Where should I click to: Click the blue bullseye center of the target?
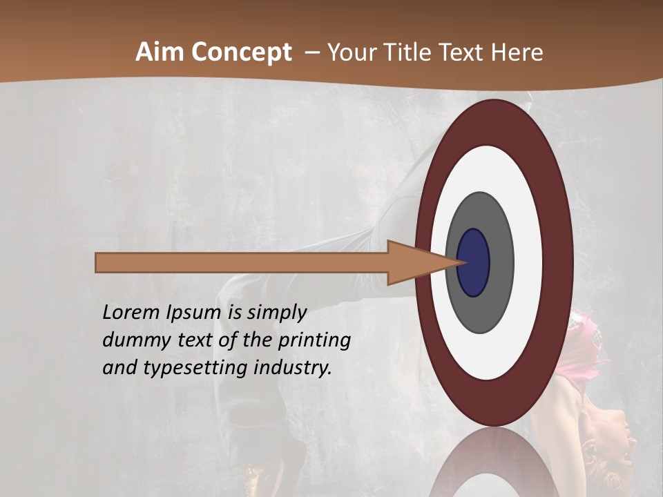474,263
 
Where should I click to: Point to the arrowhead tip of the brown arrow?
462,263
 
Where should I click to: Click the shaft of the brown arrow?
242,263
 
